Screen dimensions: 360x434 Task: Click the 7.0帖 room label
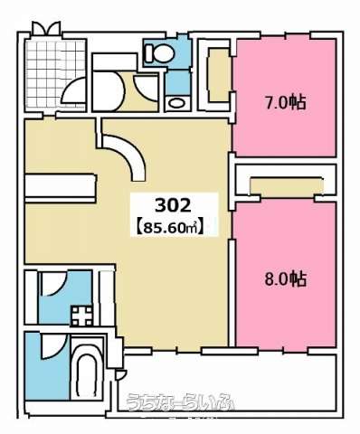[285, 103]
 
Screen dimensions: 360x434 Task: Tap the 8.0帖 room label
[285, 279]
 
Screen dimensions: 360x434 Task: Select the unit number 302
[173, 205]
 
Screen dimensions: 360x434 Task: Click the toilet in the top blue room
[159, 52]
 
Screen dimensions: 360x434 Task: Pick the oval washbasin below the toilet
[178, 103]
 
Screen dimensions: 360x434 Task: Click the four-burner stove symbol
[82, 316]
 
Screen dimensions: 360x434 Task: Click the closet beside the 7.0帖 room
[219, 76]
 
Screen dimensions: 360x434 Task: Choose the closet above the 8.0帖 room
[287, 186]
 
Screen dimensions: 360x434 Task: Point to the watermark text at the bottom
[180, 402]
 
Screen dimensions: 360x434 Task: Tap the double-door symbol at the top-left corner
[46, 28]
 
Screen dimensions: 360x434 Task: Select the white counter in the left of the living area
[60, 188]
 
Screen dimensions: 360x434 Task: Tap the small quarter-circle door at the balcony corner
[120, 375]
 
